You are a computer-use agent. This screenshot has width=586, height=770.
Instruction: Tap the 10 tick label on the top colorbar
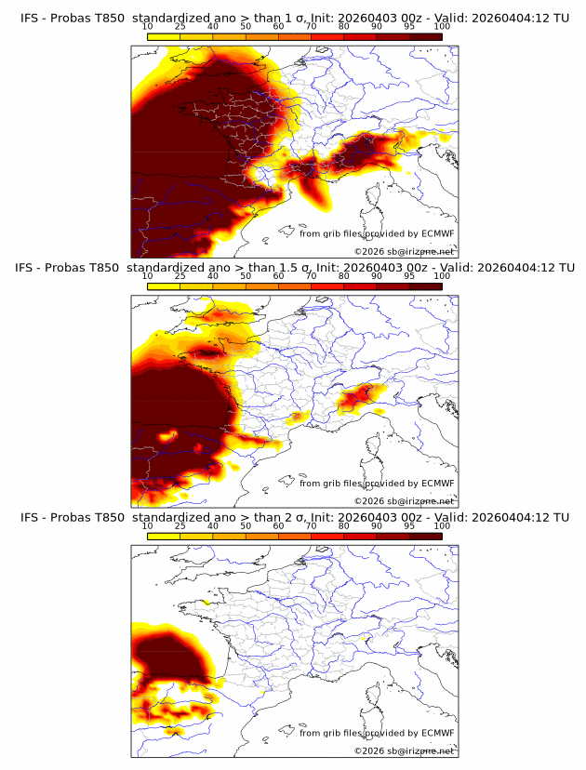[x=148, y=26]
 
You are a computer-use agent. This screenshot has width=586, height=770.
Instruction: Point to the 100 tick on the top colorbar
[x=441, y=26]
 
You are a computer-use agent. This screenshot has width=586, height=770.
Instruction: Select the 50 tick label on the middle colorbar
[x=246, y=276]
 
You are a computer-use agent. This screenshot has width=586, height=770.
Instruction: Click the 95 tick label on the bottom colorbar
[x=408, y=526]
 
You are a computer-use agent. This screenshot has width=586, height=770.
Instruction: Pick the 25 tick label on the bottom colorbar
[x=180, y=526]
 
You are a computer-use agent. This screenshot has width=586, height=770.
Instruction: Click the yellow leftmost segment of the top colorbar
[x=164, y=36]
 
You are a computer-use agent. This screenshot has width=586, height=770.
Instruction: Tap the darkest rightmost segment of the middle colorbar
[x=425, y=286]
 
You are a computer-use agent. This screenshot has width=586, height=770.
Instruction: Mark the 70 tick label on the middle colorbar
[x=311, y=276]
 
